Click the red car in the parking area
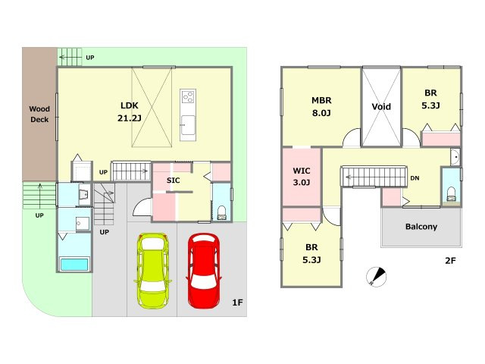coord(204,271)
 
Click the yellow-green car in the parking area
coord(153,271)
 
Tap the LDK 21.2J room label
coord(130,111)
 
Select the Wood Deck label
coord(39,115)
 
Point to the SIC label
coord(174,180)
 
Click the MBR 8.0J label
coord(321,106)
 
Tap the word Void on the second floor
coord(381,107)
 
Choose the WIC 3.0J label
coord(302,177)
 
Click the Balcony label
coord(421,227)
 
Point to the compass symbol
coord(377,276)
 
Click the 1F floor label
coord(237,303)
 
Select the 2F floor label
coord(450,261)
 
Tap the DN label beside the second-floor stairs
coord(415,178)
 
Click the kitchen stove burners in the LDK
coord(188,96)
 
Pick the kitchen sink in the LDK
coord(188,125)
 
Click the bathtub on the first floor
coord(74,265)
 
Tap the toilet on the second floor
coord(452,194)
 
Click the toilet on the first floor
coord(221,212)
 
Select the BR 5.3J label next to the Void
coord(430,99)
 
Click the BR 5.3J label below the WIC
coord(311,253)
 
